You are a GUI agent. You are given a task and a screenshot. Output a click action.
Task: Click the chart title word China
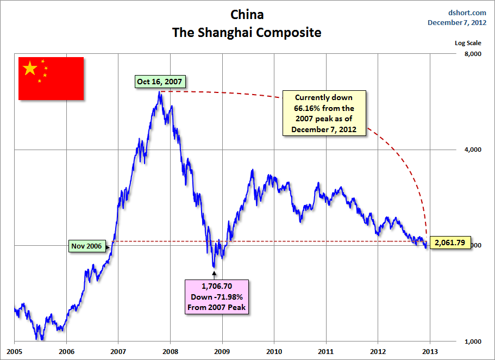(x=247, y=14)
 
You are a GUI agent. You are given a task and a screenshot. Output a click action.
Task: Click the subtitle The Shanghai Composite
(x=247, y=33)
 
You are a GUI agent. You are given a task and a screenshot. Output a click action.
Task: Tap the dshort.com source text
(x=467, y=13)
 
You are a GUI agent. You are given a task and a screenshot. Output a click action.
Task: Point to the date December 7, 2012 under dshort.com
(x=457, y=22)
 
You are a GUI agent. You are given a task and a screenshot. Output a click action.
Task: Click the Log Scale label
(x=468, y=43)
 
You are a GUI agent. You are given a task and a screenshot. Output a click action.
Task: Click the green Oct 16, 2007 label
(x=159, y=82)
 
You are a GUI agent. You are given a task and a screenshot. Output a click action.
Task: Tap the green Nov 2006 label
(x=86, y=246)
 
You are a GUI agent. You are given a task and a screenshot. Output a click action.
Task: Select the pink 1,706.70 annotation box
(x=216, y=296)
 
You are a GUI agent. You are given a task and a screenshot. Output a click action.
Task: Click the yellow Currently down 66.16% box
(x=324, y=114)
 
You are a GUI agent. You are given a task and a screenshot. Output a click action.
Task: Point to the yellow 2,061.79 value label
(x=450, y=243)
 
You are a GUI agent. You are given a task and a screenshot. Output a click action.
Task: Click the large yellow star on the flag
(x=30, y=69)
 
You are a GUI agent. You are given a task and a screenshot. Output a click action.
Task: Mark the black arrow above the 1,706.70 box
(x=214, y=273)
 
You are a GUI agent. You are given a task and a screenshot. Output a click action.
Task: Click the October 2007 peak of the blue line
(x=159, y=92)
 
